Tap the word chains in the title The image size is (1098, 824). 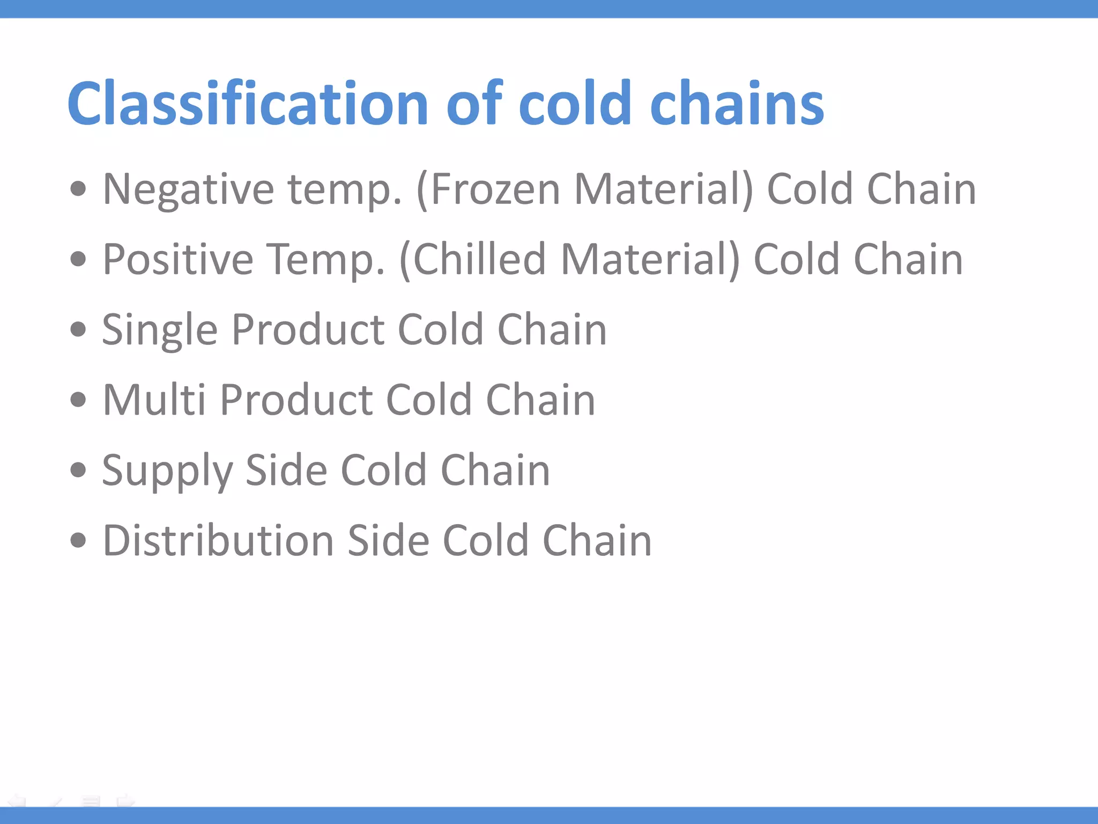click(737, 103)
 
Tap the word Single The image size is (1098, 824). click(159, 329)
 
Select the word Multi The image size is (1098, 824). click(154, 400)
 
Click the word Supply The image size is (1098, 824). click(167, 470)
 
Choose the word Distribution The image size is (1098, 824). click(218, 540)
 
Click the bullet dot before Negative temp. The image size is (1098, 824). click(78, 189)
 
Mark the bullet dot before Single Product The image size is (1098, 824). click(78, 329)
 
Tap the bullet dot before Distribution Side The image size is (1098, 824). click(78, 540)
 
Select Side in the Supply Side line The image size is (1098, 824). click(285, 470)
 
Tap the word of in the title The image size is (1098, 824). click(474, 103)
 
